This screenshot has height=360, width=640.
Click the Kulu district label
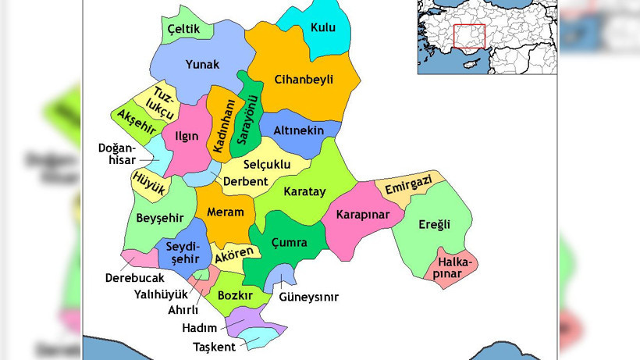322,28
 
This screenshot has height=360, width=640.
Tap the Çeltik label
184,30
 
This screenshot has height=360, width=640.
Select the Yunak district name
202,65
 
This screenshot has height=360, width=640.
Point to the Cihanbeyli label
304,79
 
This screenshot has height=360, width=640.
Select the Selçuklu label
267,165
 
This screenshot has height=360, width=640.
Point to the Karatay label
304,191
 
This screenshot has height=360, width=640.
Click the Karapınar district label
362,214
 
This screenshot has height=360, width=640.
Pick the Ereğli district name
434,225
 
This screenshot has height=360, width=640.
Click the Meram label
225,212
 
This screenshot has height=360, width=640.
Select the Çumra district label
289,243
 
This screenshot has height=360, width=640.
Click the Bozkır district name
235,296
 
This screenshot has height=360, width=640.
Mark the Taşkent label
213,347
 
